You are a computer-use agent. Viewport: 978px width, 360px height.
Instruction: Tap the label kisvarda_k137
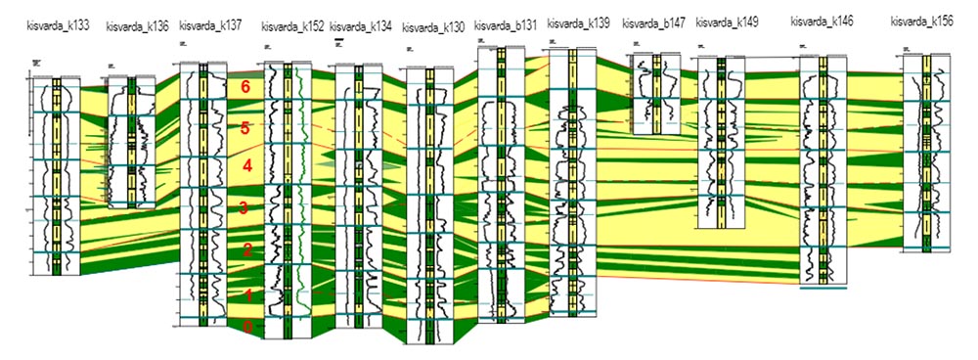click(210, 25)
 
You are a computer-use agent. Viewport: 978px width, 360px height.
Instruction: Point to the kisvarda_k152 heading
click(292, 25)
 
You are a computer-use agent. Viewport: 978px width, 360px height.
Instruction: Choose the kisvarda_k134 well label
click(361, 25)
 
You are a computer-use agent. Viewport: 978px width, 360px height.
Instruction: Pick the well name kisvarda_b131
click(506, 24)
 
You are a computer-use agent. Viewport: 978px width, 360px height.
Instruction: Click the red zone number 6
click(246, 87)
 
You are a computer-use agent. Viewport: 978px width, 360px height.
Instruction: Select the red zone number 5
click(246, 127)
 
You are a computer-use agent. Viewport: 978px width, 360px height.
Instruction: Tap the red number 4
click(247, 166)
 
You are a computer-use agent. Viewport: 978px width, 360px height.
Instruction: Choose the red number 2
click(247, 250)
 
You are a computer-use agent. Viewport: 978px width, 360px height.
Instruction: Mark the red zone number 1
click(247, 294)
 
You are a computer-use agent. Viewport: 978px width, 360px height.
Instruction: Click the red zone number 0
click(247, 328)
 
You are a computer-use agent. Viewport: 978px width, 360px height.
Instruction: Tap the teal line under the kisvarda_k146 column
click(822, 288)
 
